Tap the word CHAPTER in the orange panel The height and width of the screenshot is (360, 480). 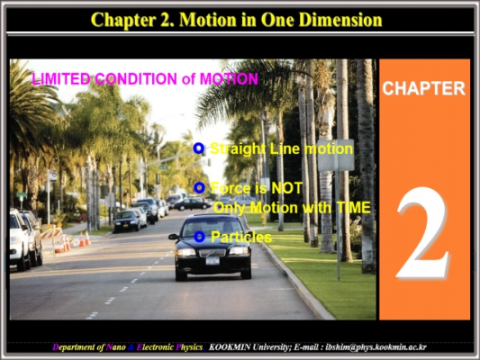click(x=423, y=88)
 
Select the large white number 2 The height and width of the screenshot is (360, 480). click(x=423, y=232)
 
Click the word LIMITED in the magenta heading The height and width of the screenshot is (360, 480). click(x=61, y=78)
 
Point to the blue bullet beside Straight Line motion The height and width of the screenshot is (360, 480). click(x=199, y=148)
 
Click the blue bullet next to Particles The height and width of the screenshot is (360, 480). click(x=199, y=237)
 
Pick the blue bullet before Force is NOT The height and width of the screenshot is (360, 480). click(x=199, y=187)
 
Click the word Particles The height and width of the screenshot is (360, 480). click(x=241, y=237)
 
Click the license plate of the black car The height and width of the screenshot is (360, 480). click(x=213, y=261)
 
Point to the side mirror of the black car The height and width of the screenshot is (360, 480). click(x=173, y=237)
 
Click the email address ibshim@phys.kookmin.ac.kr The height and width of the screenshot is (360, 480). click(x=376, y=347)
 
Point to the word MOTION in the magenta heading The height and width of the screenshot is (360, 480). click(x=229, y=78)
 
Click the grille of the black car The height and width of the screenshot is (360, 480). click(x=213, y=253)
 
